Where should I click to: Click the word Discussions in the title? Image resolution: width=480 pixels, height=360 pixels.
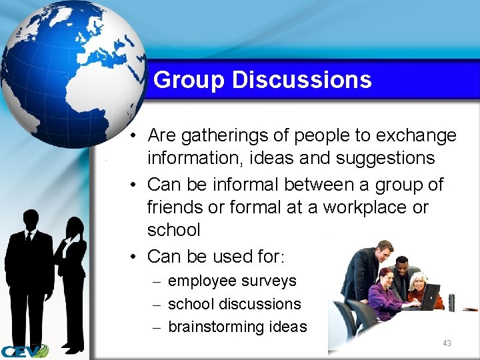point(301,80)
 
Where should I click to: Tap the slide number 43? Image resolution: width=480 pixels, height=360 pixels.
point(447,343)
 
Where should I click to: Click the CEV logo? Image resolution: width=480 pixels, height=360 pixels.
point(24,351)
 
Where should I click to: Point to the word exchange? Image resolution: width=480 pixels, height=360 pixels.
point(417,136)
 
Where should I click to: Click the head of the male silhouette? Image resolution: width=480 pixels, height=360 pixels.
point(31,219)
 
